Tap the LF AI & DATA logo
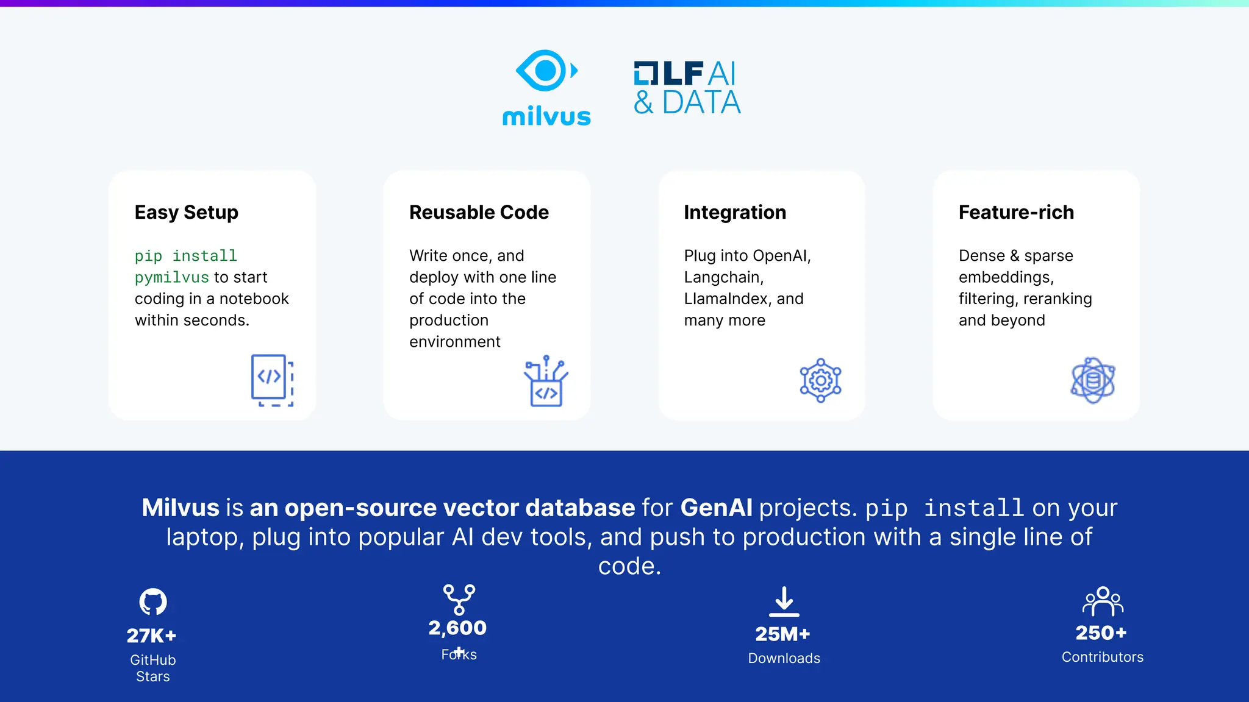[687, 88]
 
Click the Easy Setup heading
[186, 212]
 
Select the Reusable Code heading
[479, 212]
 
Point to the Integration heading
[734, 212]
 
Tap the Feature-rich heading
[1016, 212]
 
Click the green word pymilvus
[171, 277]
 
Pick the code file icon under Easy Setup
[272, 380]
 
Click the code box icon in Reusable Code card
[546, 382]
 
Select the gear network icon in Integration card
[820, 380]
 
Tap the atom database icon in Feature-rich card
[1093, 380]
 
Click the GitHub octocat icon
[152, 601]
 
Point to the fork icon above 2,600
[459, 599]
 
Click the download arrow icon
[784, 601]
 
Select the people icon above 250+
[1103, 601]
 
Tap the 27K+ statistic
[151, 636]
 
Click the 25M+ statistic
[782, 634]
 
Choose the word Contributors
[1102, 657]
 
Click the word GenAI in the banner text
[716, 508]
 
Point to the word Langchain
[723, 277]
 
